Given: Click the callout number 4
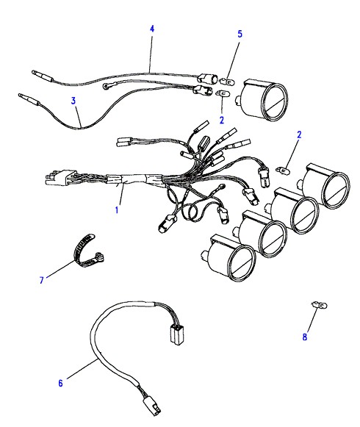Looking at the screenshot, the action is point(152,29).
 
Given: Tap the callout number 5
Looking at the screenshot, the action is point(240,34).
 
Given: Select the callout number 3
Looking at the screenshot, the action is point(73,101).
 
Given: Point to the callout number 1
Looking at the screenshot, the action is point(117,210).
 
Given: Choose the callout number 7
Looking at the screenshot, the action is point(42,280).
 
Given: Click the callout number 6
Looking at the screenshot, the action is point(60,383).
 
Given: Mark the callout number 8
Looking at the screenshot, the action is point(304,337).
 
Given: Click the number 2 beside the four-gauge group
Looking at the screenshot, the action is point(299,134).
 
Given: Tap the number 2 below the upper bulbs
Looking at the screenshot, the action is point(222,120).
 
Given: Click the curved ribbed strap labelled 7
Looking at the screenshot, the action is point(87,252).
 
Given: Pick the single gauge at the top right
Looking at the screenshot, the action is point(262,100).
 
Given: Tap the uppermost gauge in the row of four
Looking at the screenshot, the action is point(323,185).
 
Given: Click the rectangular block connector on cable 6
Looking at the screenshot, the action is point(177,334).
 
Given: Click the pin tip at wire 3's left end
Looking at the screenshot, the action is point(20,96).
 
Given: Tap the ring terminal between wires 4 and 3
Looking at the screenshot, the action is point(107,86).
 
